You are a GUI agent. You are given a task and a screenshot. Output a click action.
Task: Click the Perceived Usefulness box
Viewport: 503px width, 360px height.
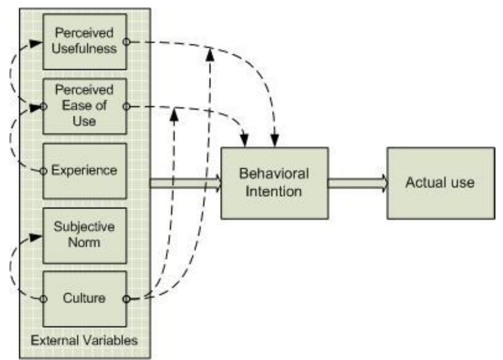click(x=84, y=41)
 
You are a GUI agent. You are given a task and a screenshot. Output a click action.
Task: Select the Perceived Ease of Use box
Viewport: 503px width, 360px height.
click(x=84, y=106)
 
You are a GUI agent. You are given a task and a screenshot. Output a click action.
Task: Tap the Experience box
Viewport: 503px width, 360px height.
click(x=84, y=171)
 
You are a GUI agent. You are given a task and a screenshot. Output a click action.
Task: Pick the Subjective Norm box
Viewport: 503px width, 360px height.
click(x=84, y=235)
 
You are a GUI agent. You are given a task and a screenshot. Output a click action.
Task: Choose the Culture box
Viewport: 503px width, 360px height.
click(x=84, y=298)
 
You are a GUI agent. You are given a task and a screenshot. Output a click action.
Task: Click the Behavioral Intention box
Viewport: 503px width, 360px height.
click(x=274, y=183)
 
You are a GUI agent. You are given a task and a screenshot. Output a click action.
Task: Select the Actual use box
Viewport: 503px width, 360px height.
click(x=440, y=183)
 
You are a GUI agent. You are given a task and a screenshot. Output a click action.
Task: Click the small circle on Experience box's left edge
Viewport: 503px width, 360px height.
click(x=43, y=171)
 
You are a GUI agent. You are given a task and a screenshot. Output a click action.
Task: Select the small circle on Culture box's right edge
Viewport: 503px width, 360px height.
click(x=126, y=299)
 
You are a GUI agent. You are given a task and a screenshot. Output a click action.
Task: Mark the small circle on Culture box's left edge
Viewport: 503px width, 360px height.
click(x=43, y=299)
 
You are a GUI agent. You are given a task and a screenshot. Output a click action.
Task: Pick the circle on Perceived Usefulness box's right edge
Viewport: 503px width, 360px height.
click(x=126, y=41)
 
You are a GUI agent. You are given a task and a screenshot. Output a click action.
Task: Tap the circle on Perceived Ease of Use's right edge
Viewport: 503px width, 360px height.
click(x=126, y=106)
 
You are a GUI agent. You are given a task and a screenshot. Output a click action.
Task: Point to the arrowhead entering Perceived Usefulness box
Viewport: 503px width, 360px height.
click(x=37, y=43)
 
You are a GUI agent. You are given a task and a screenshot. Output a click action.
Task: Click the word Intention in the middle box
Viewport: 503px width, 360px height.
click(x=274, y=192)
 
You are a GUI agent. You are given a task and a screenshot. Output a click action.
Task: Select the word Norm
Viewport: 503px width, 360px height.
click(x=84, y=242)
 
